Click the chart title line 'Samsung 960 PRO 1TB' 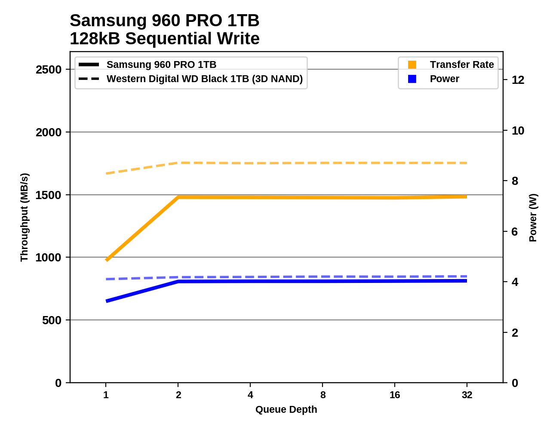coord(164,21)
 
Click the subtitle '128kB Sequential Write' coord(164,39)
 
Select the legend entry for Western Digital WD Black coord(204,79)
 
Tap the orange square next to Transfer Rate coord(412,65)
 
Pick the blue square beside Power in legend coord(412,79)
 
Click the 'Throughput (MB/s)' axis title coord(24,217)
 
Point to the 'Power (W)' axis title coord(533,217)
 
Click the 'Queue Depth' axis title coord(286,409)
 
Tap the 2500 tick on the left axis coord(49,70)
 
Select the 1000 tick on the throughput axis coord(49,258)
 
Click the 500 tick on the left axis coord(52,320)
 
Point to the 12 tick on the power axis coord(518,80)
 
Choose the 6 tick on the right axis coord(515,232)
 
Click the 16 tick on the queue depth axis coord(395,395)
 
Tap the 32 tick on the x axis coord(467,395)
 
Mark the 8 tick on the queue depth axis coord(323,395)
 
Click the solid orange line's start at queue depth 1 coord(106,260)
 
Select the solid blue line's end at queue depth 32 coord(467,281)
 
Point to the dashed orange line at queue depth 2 coord(178,163)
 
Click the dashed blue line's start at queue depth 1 coord(106,279)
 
